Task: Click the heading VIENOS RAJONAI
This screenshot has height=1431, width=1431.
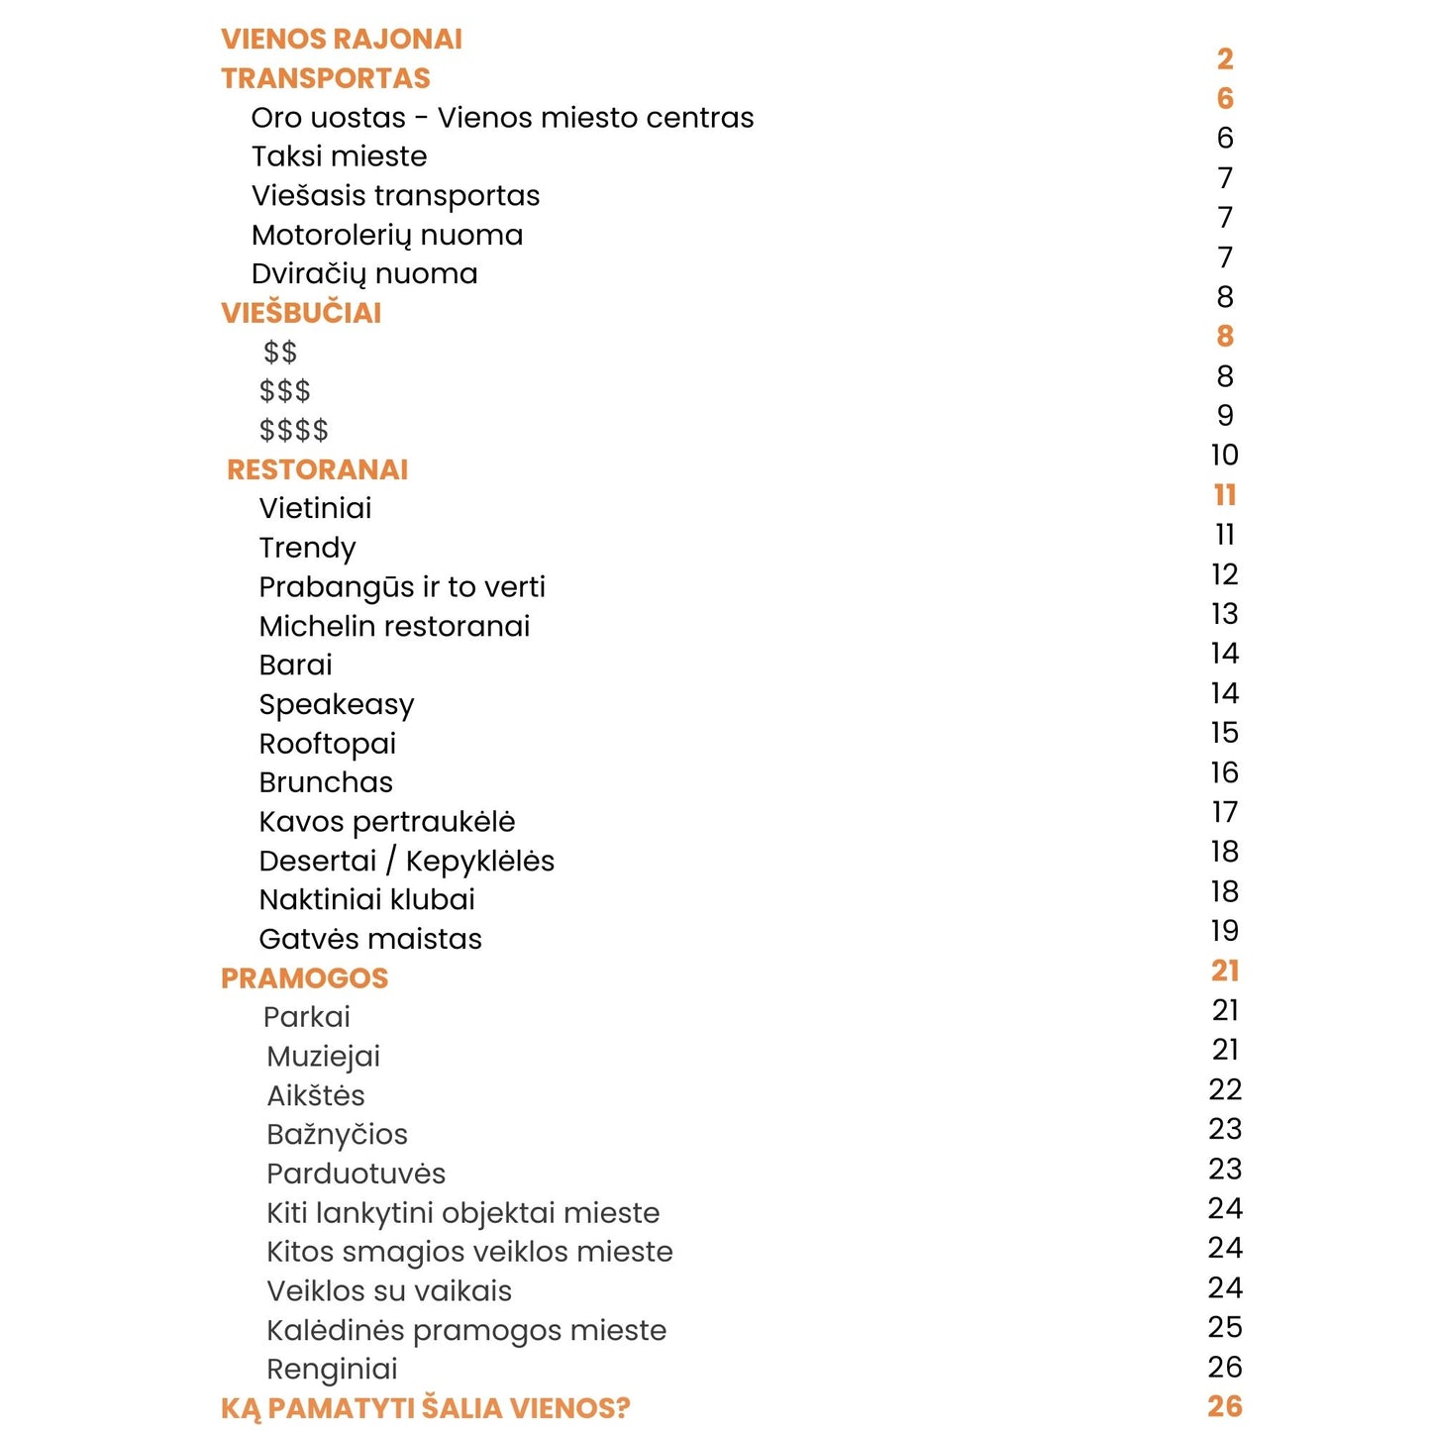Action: coord(341,39)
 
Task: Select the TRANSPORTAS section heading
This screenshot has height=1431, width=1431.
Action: coord(325,78)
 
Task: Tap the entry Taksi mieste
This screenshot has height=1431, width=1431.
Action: coord(339,156)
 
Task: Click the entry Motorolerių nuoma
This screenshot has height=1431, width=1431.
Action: coord(386,235)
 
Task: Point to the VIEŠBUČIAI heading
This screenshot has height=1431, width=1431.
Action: coord(300,313)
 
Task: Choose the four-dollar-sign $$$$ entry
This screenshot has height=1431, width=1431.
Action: coord(293,430)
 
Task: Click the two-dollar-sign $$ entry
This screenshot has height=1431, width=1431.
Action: coord(280,352)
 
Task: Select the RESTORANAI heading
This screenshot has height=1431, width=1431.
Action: coord(317,469)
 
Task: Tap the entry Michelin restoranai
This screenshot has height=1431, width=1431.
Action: coord(394,626)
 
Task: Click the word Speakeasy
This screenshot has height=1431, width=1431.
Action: coord(336,704)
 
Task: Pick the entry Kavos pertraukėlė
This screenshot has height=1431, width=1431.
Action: coord(386,821)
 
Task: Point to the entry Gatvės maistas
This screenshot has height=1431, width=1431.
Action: coord(369,939)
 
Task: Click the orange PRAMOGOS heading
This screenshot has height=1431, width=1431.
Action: coord(304,978)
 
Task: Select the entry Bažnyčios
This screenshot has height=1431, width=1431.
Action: coord(337,1134)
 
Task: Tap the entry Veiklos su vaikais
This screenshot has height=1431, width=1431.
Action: coord(389,1290)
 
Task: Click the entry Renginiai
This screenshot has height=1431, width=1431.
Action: coord(332,1369)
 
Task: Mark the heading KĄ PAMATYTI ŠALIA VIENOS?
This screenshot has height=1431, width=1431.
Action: coord(425,1408)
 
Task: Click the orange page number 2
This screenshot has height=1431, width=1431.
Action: coord(1225,59)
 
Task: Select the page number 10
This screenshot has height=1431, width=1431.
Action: coord(1225,456)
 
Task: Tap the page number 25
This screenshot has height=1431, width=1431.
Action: coord(1225,1327)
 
